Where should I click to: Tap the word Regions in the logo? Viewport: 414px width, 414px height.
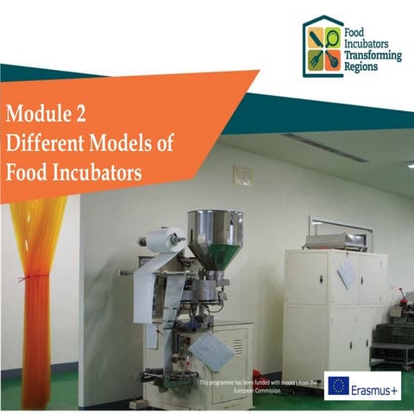360,66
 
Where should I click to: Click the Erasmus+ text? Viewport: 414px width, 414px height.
375,387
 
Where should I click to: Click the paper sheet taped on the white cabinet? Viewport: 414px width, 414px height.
347,273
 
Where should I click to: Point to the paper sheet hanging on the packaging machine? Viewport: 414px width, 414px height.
211,349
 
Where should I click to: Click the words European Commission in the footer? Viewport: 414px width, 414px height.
259,391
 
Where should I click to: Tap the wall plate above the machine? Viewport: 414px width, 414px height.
242,175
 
